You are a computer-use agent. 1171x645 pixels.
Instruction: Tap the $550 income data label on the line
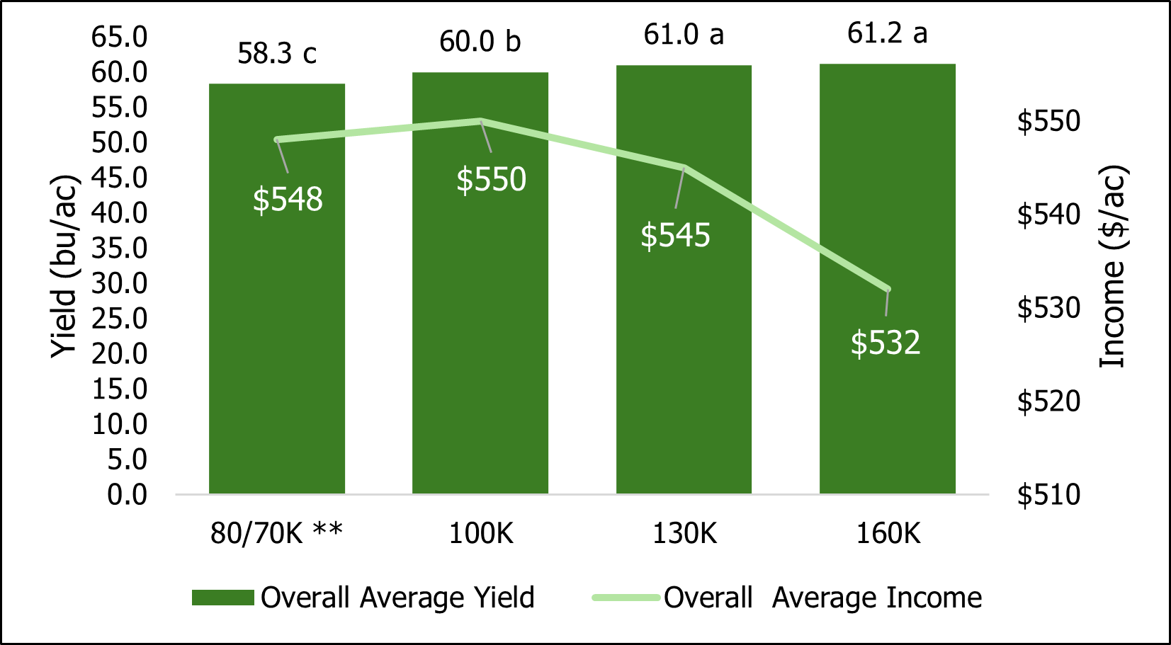[x=491, y=180]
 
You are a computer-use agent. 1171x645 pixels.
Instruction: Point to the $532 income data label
[x=886, y=343]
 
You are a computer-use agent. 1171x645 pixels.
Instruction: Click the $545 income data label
[x=675, y=235]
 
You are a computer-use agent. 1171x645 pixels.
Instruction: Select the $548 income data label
[x=288, y=200]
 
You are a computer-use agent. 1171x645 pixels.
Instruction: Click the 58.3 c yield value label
[x=276, y=54]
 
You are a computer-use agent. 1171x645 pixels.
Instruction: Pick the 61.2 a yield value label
[x=887, y=33]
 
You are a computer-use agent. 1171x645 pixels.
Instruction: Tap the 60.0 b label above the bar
[x=480, y=42]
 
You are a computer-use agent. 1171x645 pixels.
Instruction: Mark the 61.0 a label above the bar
[x=684, y=35]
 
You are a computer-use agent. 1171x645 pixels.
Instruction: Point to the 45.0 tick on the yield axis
[x=120, y=178]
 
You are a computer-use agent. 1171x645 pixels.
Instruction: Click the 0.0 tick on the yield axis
[x=128, y=494]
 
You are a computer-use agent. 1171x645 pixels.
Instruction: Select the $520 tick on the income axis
[x=1048, y=401]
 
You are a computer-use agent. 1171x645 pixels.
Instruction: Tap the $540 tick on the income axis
[x=1048, y=215]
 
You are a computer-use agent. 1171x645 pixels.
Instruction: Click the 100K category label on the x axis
[x=480, y=533]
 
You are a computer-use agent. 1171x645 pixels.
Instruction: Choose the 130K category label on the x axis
[x=684, y=533]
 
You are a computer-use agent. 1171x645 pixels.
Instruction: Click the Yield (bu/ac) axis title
[x=64, y=266]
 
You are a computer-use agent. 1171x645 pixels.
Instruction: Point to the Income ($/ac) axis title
[x=1112, y=266]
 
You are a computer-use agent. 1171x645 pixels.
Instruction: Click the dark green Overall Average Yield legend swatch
[x=222, y=598]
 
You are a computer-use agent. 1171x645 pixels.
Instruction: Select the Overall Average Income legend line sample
[x=626, y=598]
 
